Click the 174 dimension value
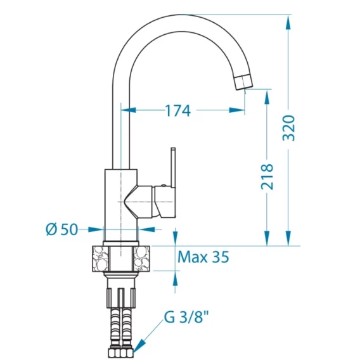click(x=178, y=111)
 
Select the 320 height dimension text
click(x=288, y=128)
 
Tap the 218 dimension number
click(x=267, y=177)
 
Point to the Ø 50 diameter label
click(x=62, y=229)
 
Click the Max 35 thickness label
click(x=203, y=257)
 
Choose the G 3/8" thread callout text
click(x=186, y=317)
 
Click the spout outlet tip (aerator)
click(x=243, y=82)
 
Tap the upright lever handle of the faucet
click(x=173, y=167)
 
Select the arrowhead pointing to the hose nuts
click(x=139, y=345)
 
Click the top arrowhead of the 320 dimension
click(x=288, y=23)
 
